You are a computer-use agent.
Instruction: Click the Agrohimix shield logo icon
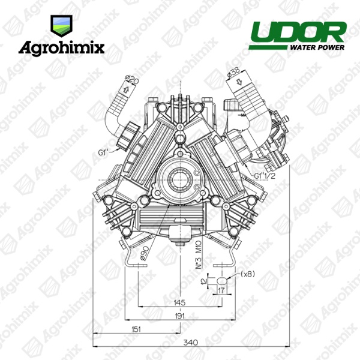click(61, 26)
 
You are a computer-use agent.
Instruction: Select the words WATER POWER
click(317, 47)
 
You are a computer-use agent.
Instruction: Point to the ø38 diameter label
click(234, 72)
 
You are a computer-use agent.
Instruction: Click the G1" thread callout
click(103, 152)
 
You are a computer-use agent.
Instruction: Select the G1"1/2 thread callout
click(265, 176)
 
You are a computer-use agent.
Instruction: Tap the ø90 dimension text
click(145, 253)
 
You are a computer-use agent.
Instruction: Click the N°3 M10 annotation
click(199, 254)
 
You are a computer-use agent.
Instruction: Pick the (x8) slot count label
click(248, 274)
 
